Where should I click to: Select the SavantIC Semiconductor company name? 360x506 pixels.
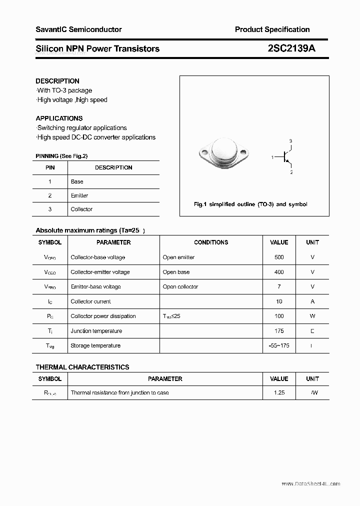78,29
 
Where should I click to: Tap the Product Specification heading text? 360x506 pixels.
272,29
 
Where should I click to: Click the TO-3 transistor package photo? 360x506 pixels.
224,152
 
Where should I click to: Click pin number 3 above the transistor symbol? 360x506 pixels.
290,141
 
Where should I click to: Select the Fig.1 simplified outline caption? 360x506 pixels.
250,204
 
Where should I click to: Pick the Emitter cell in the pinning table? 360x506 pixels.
79,195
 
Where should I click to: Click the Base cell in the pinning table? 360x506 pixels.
77,181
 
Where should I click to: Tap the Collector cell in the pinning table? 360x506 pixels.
81,209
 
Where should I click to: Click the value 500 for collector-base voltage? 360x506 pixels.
279,257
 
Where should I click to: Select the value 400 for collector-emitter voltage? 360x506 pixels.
279,272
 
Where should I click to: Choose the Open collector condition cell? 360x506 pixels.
180,286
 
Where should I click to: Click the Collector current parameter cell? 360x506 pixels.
91,301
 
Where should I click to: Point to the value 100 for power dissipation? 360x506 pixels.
279,316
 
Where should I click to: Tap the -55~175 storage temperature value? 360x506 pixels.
279,345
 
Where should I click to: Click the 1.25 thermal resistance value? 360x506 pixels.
279,392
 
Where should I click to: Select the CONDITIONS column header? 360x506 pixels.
211,242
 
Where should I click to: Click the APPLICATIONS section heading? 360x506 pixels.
59,118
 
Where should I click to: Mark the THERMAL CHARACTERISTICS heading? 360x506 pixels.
82,367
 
